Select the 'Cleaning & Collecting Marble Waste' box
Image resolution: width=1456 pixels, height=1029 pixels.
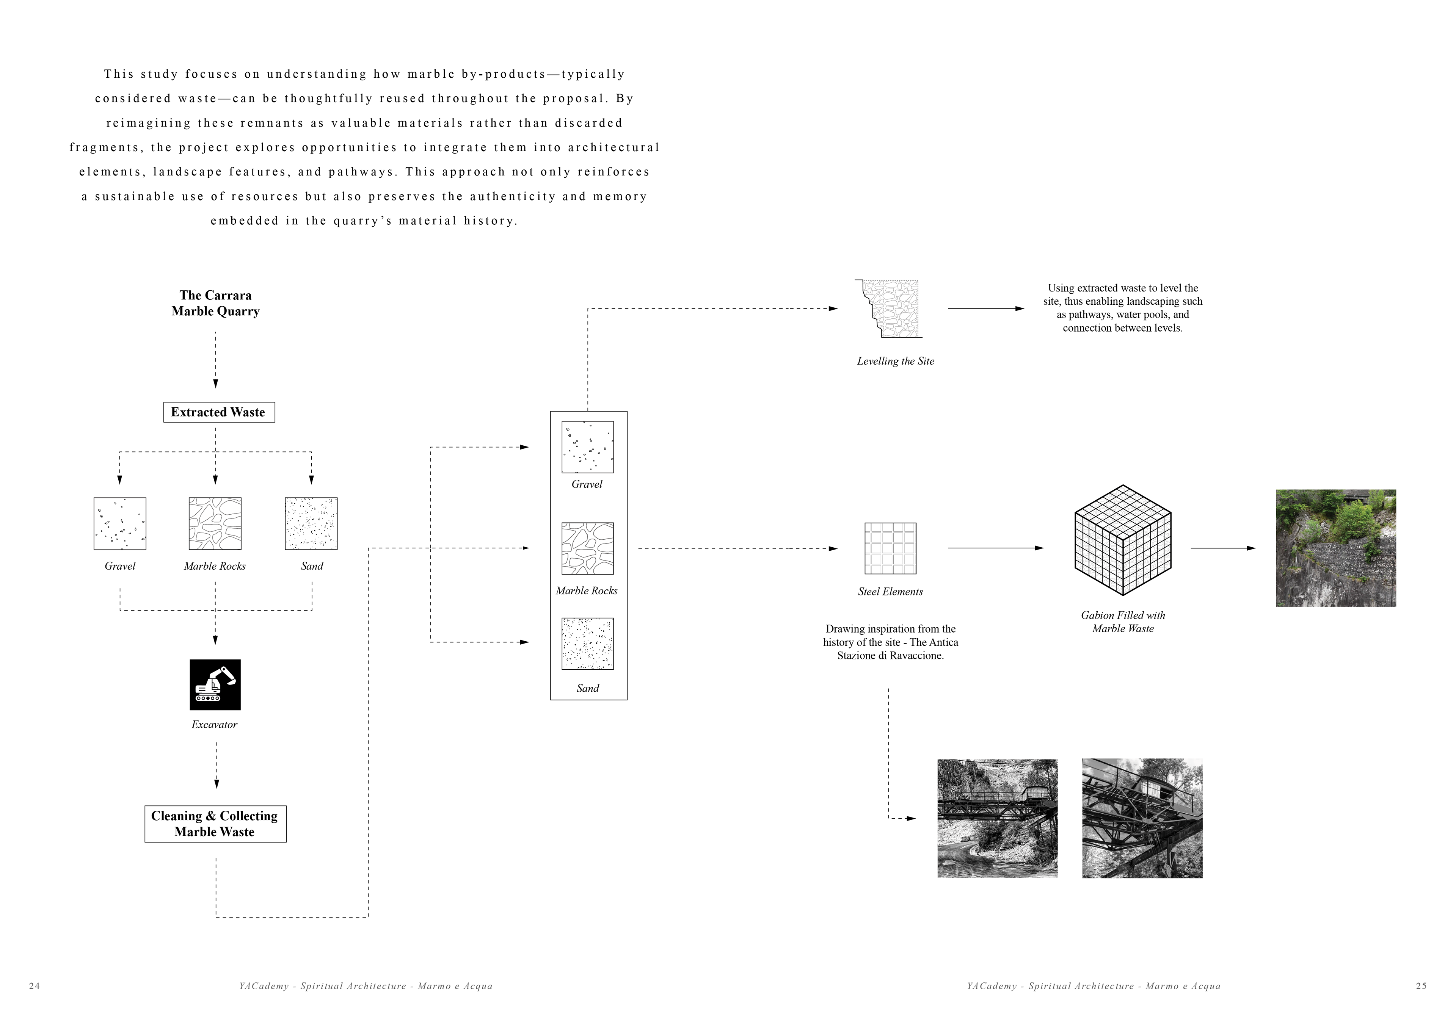pyautogui.click(x=215, y=824)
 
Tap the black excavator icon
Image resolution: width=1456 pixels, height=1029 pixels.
pyautogui.click(x=215, y=685)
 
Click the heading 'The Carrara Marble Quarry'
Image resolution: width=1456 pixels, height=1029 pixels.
pyautogui.click(x=216, y=303)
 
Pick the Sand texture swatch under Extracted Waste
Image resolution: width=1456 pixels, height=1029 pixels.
pyautogui.click(x=311, y=524)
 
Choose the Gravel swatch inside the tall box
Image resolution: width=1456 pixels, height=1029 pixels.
pyautogui.click(x=587, y=447)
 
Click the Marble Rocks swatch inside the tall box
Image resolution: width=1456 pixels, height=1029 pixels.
pyautogui.click(x=587, y=548)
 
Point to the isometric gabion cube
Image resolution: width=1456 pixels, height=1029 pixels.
pyautogui.click(x=1122, y=540)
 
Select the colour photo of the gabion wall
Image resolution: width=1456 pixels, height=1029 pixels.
pyautogui.click(x=1335, y=548)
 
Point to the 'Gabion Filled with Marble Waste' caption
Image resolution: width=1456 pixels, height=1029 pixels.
pyautogui.click(x=1122, y=622)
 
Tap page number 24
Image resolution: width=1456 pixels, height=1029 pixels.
pyautogui.click(x=35, y=986)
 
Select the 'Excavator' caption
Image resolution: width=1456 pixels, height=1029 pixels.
pyautogui.click(x=214, y=725)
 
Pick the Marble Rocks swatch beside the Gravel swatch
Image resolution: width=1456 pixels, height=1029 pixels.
pyautogui.click(x=215, y=524)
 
